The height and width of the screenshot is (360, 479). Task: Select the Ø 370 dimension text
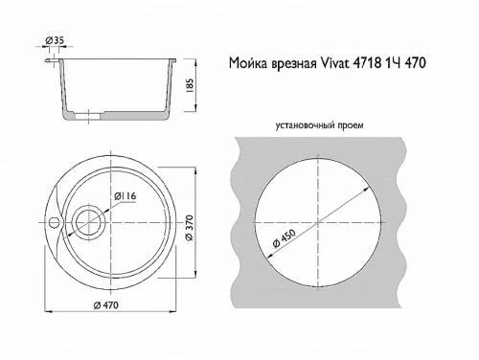[191, 223]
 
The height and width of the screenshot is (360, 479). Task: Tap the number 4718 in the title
[375, 63]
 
